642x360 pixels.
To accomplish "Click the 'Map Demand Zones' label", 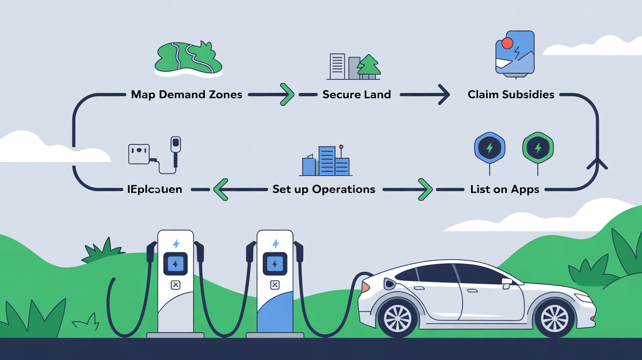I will point(186,94).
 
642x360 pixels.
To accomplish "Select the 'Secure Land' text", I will point(356,94).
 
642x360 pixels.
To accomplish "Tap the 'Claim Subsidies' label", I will point(511,94).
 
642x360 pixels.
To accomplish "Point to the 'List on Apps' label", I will point(504,189).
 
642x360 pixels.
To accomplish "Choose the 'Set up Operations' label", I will point(323,189).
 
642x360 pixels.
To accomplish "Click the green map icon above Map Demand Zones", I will point(188,59).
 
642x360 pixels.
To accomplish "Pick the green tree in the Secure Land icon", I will point(369,66).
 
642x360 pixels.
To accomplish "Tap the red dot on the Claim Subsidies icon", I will point(507,44).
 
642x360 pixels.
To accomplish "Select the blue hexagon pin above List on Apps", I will point(489,148).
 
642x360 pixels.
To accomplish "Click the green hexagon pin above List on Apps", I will point(538,148).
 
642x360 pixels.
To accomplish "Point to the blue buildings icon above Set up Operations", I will point(326,161).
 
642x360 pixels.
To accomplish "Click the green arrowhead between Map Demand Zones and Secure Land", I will point(287,94).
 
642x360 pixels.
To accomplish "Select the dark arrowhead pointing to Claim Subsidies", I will point(443,94).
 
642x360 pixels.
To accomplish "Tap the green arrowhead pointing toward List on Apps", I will point(425,189).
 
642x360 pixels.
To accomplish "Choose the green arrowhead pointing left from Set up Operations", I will point(221,189).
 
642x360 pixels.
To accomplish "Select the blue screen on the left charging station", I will point(175,265).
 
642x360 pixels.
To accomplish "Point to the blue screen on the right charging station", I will point(275,265).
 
